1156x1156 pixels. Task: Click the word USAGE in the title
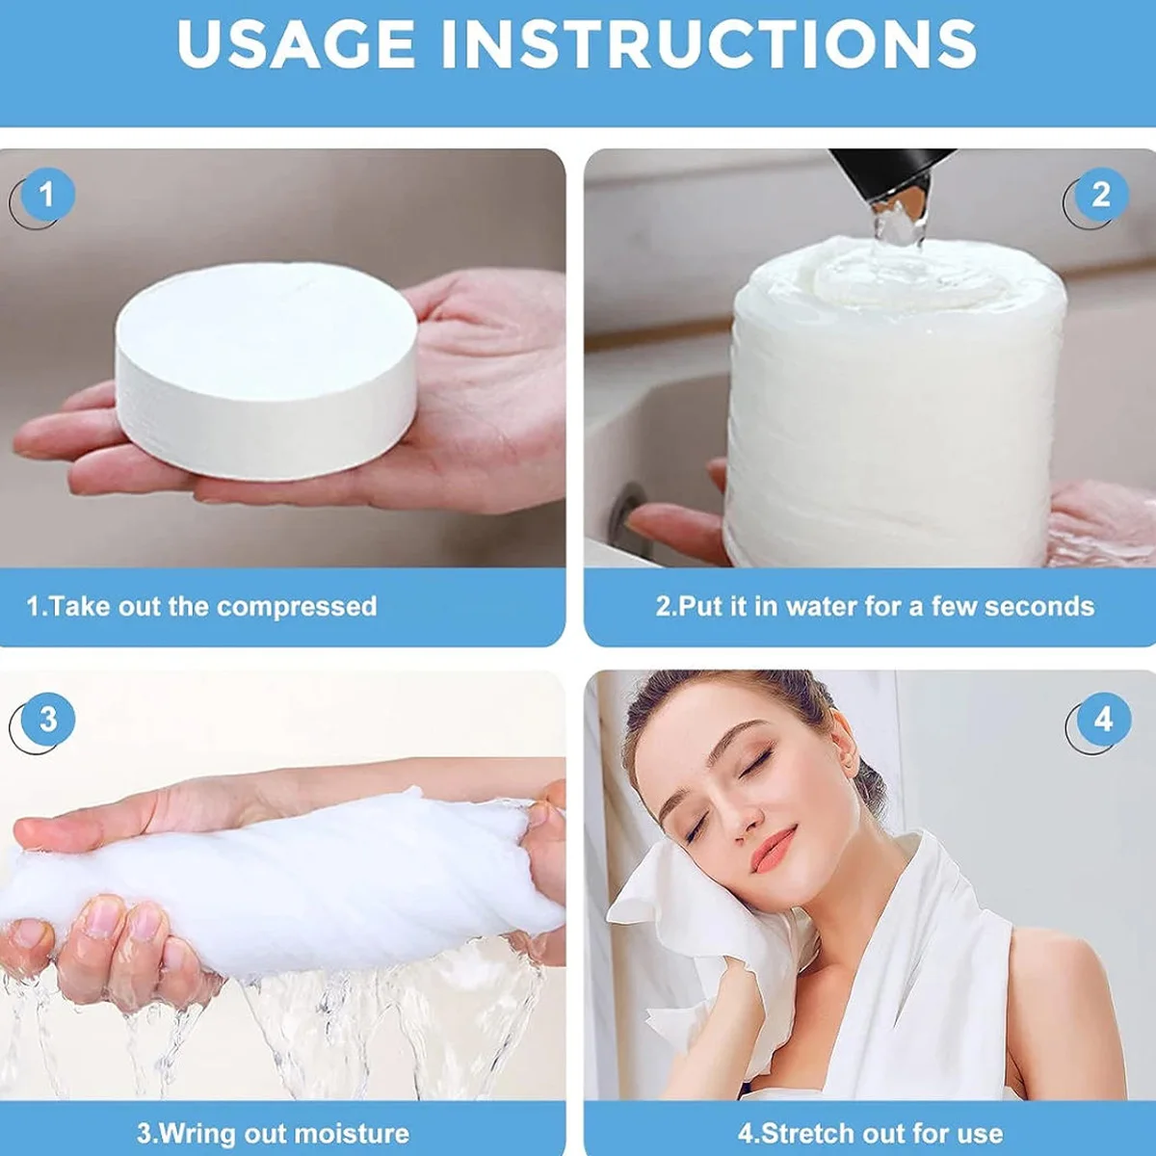296,43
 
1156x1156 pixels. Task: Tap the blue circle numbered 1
48,195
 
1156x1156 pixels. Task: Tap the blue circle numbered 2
1101,195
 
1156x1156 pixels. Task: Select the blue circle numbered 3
48,720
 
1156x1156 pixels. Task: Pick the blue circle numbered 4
1104,720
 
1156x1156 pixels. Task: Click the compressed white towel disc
266,370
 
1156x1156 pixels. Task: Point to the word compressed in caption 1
297,607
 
